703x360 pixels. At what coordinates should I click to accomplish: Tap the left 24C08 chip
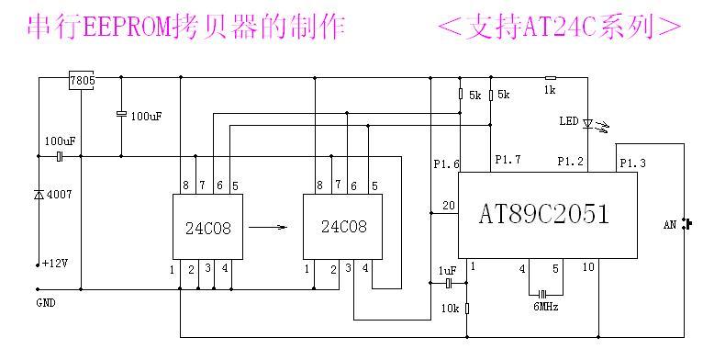pos(208,227)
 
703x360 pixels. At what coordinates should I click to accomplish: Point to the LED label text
pos(569,121)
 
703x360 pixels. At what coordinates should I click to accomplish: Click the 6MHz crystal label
pos(544,307)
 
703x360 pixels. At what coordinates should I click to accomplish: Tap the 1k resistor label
pos(550,90)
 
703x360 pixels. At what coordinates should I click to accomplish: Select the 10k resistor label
pos(449,309)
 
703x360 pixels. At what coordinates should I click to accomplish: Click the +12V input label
pos(56,264)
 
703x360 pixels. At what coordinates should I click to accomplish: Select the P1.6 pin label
pos(446,164)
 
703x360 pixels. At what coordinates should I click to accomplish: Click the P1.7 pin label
pos(508,161)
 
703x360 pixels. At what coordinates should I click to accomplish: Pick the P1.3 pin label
pos(632,163)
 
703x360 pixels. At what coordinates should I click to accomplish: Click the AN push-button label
pos(671,223)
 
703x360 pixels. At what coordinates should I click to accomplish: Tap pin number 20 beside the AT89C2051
pos(448,205)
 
